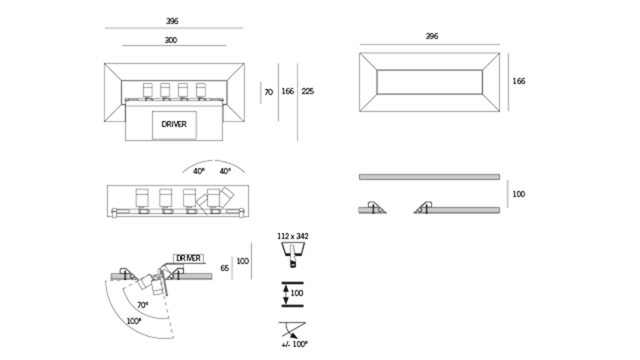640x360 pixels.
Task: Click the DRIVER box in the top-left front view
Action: (174, 123)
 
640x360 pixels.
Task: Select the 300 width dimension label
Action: (170, 39)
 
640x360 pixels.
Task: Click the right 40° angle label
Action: (225, 170)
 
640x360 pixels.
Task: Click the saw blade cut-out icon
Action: (293, 253)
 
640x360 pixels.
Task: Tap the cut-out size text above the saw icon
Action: (292, 237)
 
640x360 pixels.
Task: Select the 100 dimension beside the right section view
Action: (518, 194)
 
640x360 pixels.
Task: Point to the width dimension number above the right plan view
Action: (431, 36)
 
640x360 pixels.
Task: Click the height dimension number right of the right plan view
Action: (518, 81)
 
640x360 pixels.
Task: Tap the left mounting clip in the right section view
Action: (373, 207)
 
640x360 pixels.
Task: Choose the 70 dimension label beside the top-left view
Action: (269, 92)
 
